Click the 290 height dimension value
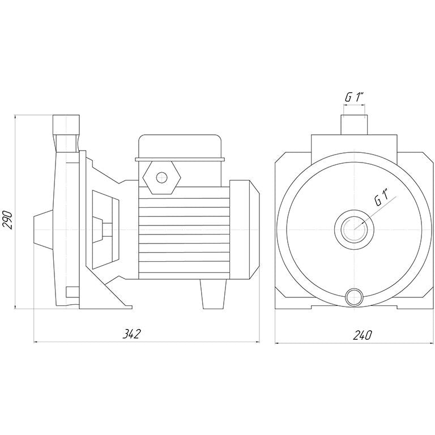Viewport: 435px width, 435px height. tap(8, 220)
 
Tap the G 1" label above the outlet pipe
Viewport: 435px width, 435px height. tap(354, 97)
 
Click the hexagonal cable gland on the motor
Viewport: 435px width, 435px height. tap(162, 177)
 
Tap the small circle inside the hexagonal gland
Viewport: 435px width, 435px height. tap(162, 177)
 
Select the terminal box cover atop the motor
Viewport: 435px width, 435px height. tap(180, 148)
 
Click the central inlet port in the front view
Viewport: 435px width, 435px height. tap(354, 229)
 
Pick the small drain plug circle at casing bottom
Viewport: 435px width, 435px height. tap(354, 297)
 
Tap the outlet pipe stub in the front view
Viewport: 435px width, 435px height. tap(354, 125)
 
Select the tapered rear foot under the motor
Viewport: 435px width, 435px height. tap(213, 294)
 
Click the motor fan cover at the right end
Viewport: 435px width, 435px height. tap(245, 229)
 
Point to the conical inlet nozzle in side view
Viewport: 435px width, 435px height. tap(43, 229)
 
